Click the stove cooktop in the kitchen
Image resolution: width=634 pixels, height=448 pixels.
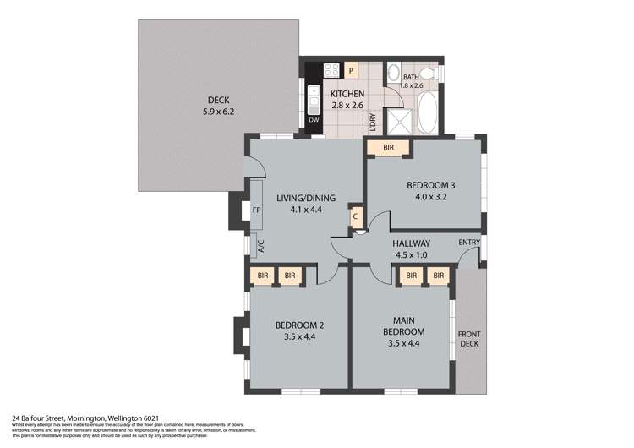point(332,71)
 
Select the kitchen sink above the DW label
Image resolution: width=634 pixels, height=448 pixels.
point(314,100)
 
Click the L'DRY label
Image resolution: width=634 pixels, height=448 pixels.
point(373,122)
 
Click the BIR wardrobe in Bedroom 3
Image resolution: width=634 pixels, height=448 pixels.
point(388,148)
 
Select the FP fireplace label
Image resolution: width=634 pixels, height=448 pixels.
point(257,210)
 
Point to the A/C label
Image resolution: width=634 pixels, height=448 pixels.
point(261,246)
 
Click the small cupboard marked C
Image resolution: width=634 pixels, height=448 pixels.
point(357,217)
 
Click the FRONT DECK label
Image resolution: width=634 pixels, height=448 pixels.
point(469,339)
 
